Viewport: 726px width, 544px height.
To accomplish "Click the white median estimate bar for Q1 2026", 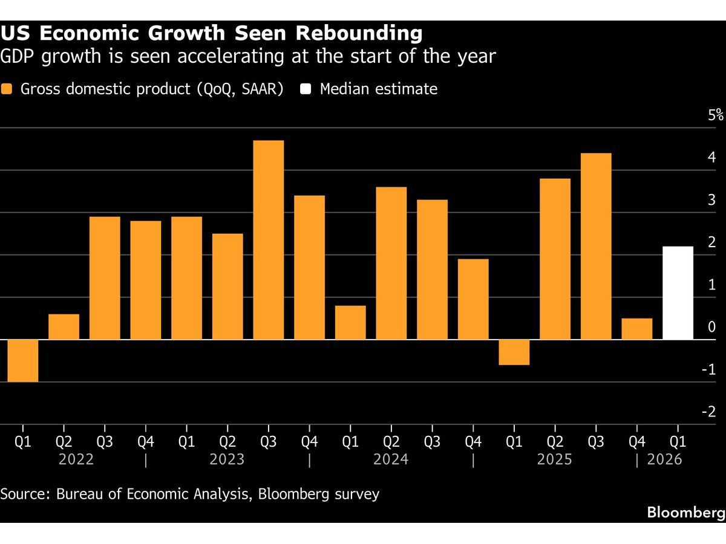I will point(678,293).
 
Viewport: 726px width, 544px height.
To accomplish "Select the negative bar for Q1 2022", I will point(23,361).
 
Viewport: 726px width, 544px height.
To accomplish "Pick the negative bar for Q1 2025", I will point(514,352).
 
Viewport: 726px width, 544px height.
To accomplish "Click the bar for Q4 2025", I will point(637,329).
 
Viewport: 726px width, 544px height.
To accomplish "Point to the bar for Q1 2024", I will point(350,323).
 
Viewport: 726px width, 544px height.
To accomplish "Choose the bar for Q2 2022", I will point(64,327).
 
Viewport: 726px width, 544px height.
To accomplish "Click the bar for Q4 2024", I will point(473,299).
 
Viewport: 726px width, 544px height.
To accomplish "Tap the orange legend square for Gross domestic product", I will point(7,89).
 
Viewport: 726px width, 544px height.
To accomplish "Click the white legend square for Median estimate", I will point(306,89).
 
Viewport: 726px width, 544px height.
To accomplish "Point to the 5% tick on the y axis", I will point(716,115).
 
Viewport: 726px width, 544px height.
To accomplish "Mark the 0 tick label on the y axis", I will point(712,327).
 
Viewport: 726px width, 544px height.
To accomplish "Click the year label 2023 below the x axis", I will point(227,460).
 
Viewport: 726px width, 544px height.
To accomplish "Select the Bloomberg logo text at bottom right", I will point(685,513).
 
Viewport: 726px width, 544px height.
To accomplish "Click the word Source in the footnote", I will point(24,494).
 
